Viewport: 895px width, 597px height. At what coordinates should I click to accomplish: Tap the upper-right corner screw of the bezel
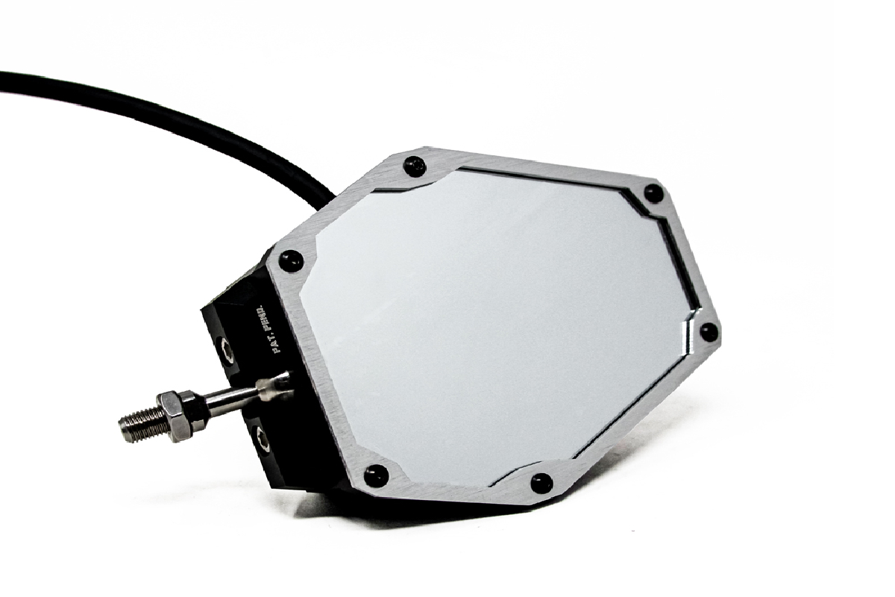pyautogui.click(x=653, y=193)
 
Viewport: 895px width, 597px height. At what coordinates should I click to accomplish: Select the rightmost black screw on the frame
pyautogui.click(x=709, y=332)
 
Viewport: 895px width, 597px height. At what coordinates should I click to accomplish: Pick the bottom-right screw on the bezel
pyautogui.click(x=541, y=483)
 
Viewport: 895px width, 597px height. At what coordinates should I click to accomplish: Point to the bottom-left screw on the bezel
pyautogui.click(x=377, y=475)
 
